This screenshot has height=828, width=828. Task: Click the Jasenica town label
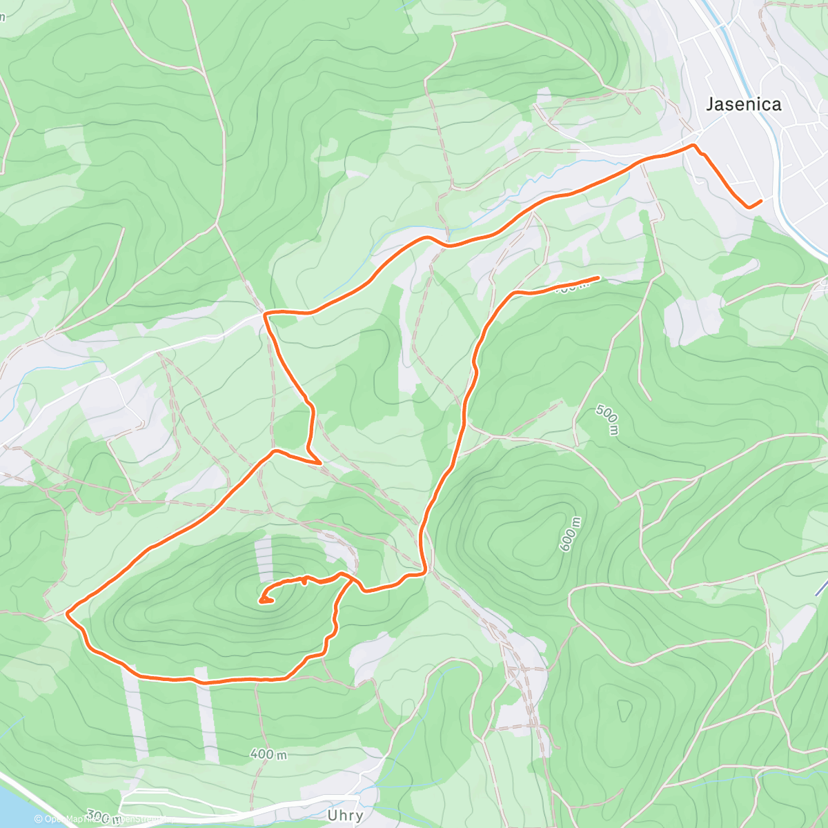pyautogui.click(x=743, y=104)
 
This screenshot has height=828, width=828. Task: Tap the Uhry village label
pyautogui.click(x=345, y=816)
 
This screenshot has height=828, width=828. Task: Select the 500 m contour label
pyautogui.click(x=608, y=420)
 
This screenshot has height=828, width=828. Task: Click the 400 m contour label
pyautogui.click(x=268, y=754)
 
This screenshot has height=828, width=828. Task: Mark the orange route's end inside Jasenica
pyautogui.click(x=760, y=201)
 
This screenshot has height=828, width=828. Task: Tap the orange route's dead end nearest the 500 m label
pyautogui.click(x=598, y=277)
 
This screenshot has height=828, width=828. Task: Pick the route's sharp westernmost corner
pyautogui.click(x=67, y=612)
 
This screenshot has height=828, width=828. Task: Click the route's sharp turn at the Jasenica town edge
pyautogui.click(x=694, y=146)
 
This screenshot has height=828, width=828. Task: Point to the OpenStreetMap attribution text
pyautogui.click(x=103, y=820)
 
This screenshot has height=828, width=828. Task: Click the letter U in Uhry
pyautogui.click(x=332, y=815)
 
